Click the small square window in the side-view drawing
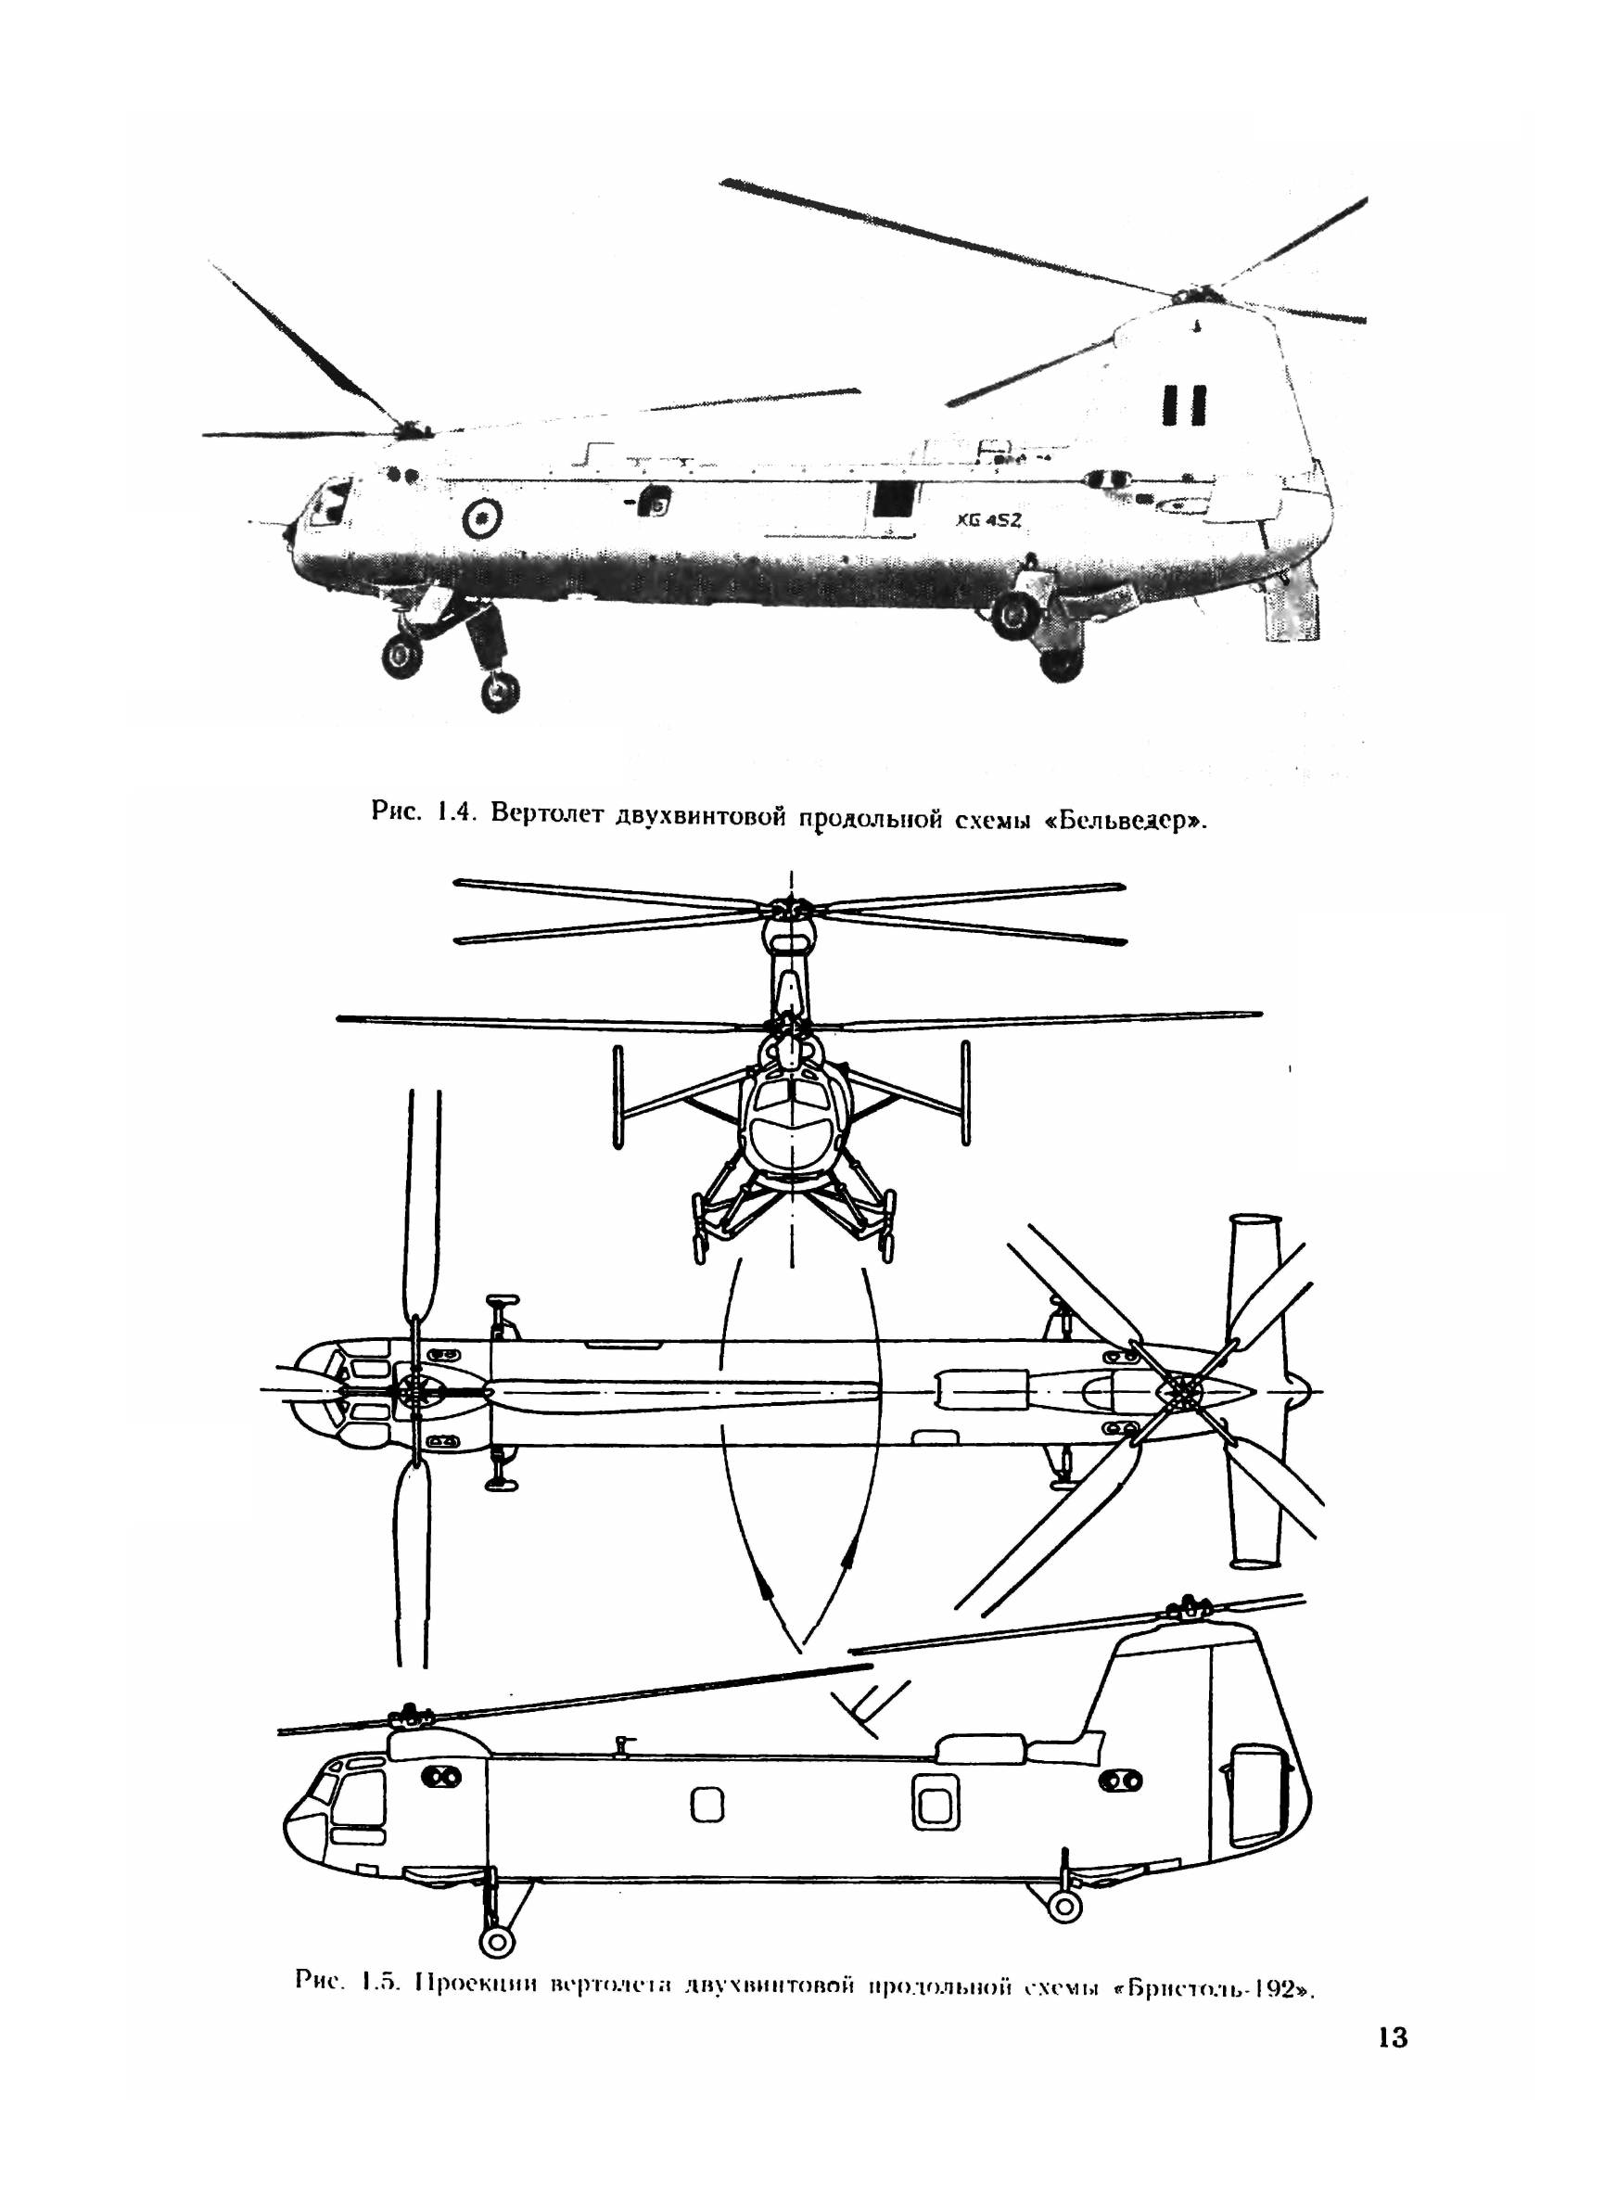[x=707, y=1806]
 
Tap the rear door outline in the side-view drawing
[x=1255, y=1802]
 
